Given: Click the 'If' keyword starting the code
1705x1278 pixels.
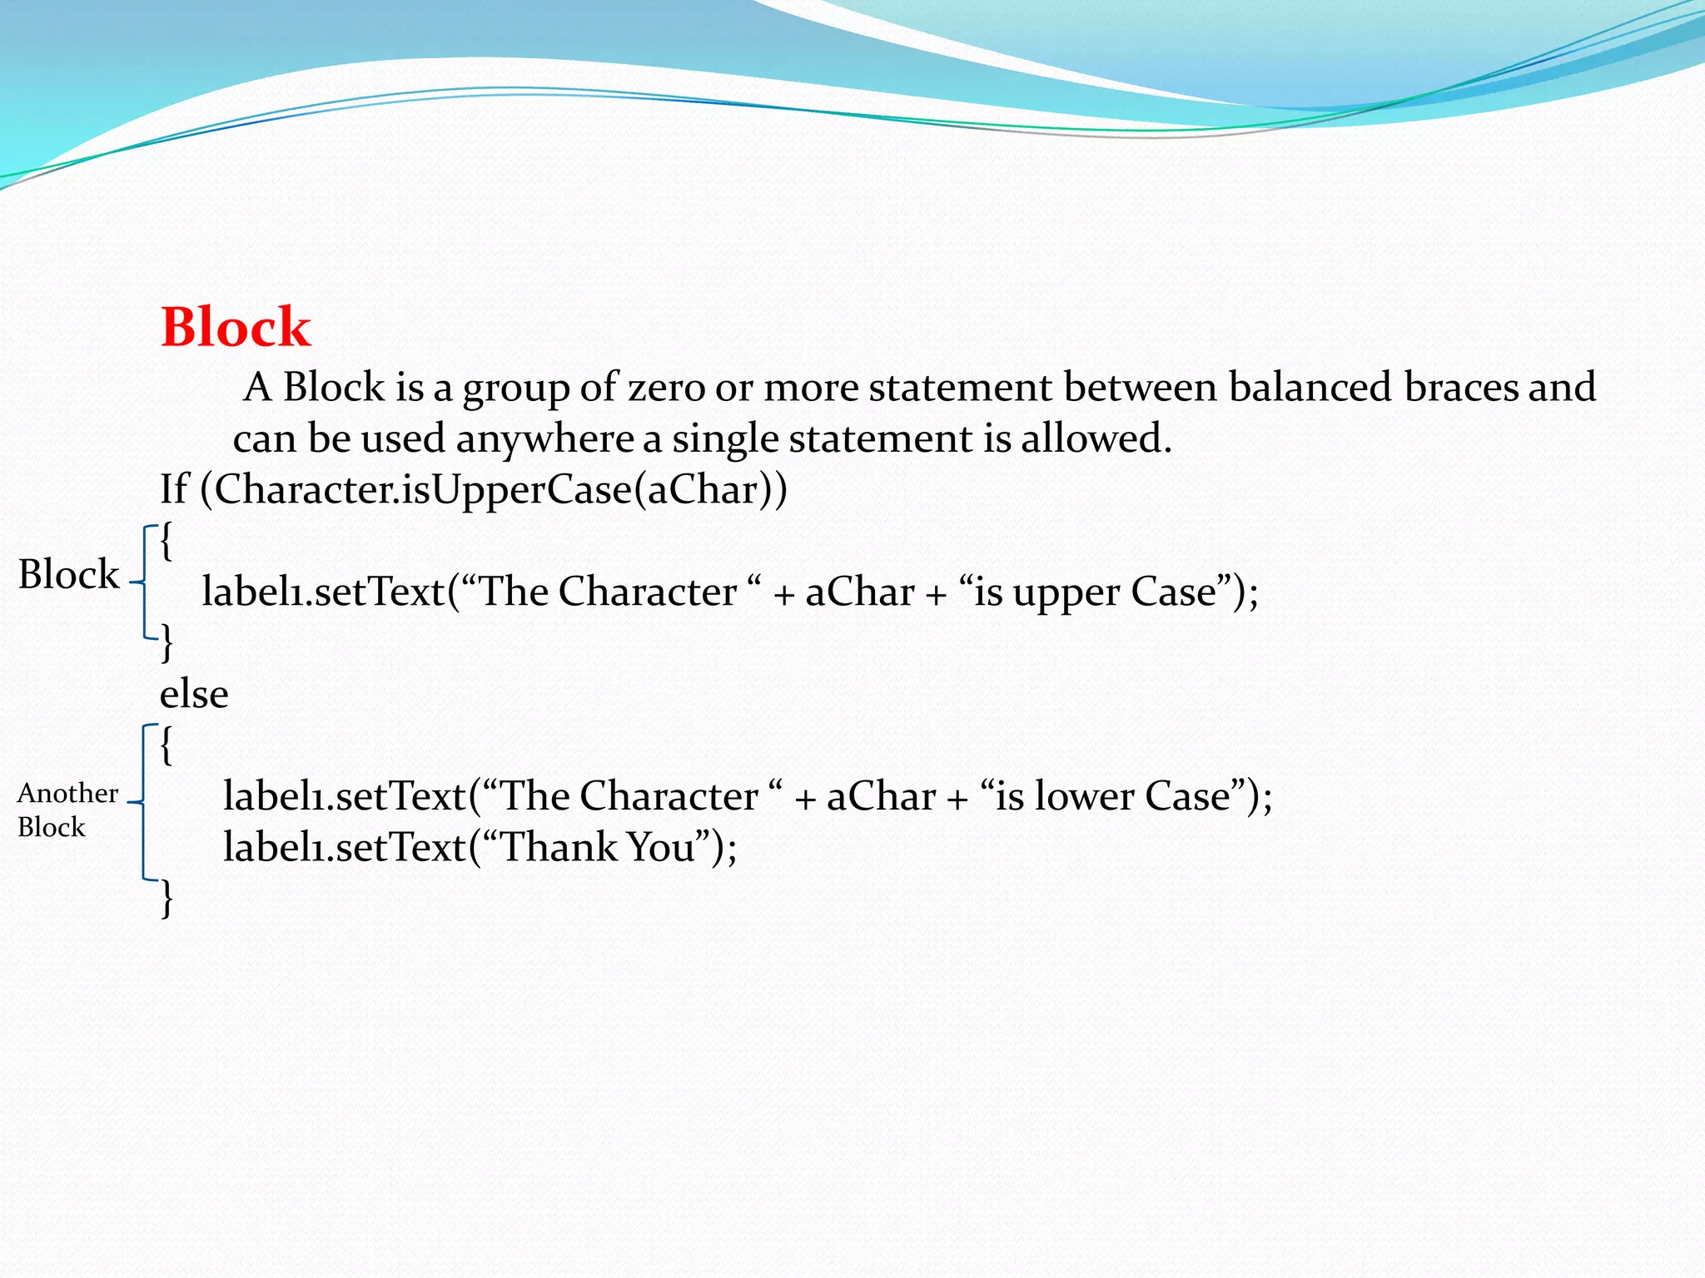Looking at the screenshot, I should pyautogui.click(x=174, y=488).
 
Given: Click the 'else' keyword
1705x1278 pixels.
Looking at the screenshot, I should pyautogui.click(x=194, y=694).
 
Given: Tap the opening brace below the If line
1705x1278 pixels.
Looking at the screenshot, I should pyautogui.click(x=167, y=542).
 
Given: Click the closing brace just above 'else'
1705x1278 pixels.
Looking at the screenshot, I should pyautogui.click(x=167, y=643).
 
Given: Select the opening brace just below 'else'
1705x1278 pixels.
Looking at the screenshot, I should pyautogui.click(x=167, y=745).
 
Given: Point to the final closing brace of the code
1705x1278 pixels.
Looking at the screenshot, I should pyautogui.click(x=167, y=899).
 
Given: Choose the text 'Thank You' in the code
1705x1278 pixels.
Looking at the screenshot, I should pyautogui.click(x=598, y=848).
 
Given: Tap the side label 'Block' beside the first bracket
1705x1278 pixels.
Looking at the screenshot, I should pyautogui.click(x=68, y=574).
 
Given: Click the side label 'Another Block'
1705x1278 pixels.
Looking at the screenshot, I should pyautogui.click(x=67, y=810).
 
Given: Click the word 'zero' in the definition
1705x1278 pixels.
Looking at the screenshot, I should pyautogui.click(x=666, y=387).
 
